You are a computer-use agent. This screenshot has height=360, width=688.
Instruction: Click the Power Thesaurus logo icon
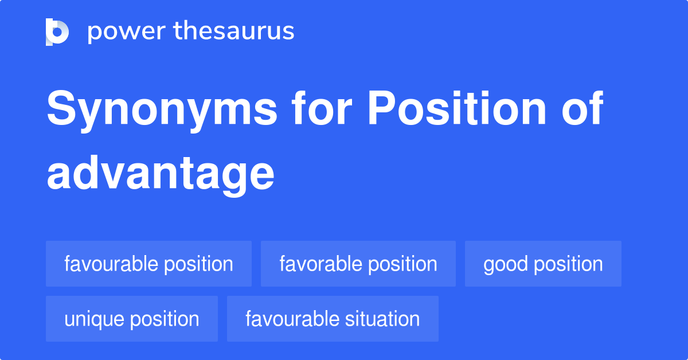point(57,32)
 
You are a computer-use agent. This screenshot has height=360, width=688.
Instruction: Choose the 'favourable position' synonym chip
point(148,264)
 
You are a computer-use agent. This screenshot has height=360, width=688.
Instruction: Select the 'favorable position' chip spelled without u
point(358,264)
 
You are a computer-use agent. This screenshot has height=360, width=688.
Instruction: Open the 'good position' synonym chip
point(543,264)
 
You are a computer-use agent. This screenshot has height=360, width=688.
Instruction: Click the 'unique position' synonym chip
point(132,319)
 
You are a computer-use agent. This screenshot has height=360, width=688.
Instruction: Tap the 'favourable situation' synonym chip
point(333,319)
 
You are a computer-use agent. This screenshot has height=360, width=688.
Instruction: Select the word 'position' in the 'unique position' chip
point(166,319)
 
